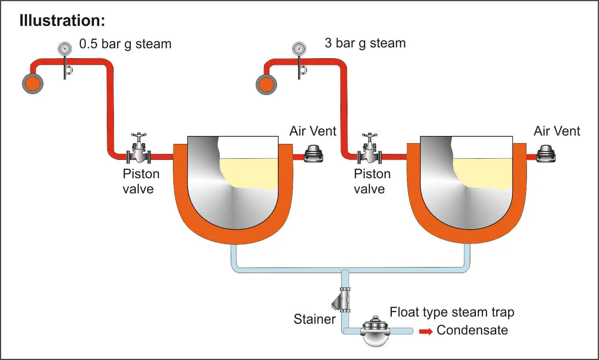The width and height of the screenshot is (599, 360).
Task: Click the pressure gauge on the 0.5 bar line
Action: click(65, 49)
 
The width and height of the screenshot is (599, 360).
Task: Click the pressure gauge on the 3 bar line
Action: click(299, 49)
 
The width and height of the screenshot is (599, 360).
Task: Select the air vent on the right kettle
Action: click(546, 154)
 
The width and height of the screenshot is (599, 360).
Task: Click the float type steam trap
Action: click(375, 331)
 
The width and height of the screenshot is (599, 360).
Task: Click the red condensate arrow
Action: click(426, 331)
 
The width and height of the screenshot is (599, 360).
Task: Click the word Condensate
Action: click(472, 330)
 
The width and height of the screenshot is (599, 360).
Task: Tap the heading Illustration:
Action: click(62, 20)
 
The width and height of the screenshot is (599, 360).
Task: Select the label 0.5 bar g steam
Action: click(125, 44)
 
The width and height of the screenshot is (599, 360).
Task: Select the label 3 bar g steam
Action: click(365, 43)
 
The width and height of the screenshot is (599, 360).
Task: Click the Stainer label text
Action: click(314, 319)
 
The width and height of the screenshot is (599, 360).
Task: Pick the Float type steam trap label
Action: click(452, 312)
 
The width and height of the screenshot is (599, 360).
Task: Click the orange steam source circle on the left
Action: click(33, 84)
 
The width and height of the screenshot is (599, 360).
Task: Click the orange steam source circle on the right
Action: click(266, 85)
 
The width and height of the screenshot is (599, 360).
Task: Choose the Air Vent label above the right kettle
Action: click(557, 131)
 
